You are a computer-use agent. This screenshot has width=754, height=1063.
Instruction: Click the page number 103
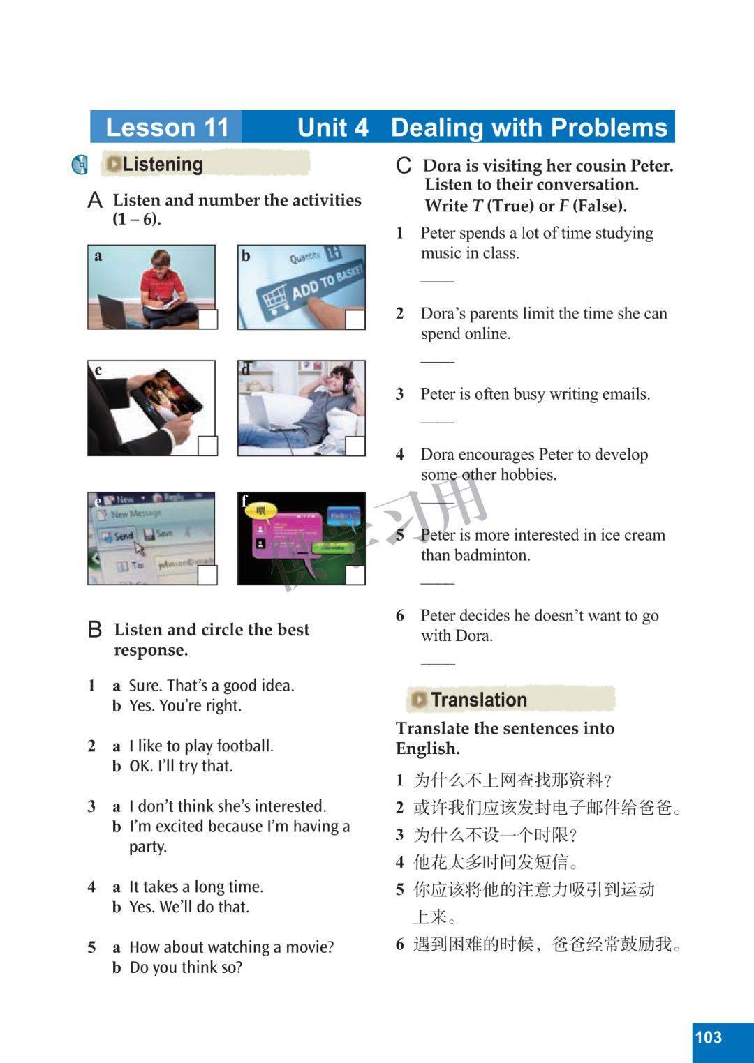[x=709, y=1037]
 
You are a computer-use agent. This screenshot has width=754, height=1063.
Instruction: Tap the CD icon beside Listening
[x=80, y=165]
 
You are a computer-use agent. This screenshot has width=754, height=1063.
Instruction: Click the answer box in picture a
[x=207, y=319]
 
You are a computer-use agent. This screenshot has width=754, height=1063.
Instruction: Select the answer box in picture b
[x=355, y=319]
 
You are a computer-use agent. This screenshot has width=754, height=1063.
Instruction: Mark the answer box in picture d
[x=355, y=446]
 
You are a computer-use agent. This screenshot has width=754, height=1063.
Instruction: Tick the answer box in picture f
[x=355, y=575]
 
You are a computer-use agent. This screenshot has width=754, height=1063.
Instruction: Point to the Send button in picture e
[x=117, y=536]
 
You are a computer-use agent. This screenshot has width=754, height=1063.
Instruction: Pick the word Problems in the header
[x=609, y=128]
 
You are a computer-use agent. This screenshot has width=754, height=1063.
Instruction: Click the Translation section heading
[x=479, y=700]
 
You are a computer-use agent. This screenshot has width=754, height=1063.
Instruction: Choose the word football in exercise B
[x=244, y=746]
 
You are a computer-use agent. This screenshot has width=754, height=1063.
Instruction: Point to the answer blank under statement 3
[x=438, y=421]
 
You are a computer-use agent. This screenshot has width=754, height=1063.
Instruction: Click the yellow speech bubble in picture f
[x=262, y=511]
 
